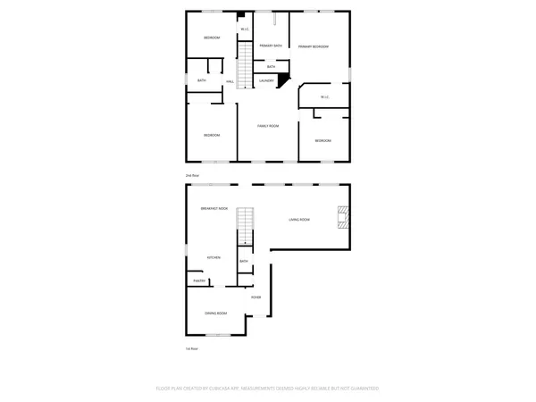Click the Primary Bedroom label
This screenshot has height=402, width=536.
pos(314,46)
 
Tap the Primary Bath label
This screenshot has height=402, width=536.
pos(271,45)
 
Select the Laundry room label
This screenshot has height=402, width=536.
pos(266,81)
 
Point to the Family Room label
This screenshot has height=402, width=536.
pos(269,126)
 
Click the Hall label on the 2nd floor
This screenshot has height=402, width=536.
pos(230,82)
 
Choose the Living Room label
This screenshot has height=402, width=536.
pos(298,219)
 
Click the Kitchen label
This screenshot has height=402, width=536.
pos(214,257)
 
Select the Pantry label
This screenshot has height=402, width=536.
pos(200,281)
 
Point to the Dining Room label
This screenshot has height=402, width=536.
pos(216,314)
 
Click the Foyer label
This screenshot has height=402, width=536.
pos(255,297)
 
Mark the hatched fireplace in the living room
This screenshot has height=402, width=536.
pos(343,218)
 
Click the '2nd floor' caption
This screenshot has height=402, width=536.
pos(192,176)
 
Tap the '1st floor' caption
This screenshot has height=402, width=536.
pos(191,348)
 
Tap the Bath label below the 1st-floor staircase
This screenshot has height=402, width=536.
pos(243,262)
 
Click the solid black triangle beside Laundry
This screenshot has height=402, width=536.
pos(283,81)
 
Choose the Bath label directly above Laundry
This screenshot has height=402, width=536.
pos(271,67)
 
